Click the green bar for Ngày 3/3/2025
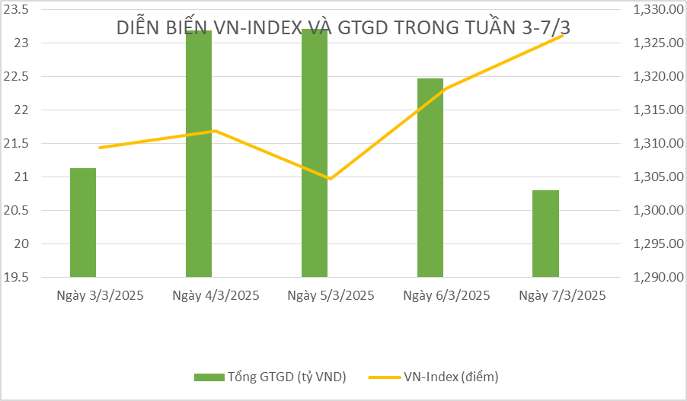[x=83, y=222]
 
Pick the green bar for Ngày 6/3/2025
[x=430, y=177]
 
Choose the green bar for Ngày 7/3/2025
[x=545, y=234]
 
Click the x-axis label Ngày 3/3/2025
[x=100, y=295]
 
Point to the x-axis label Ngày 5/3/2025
[x=331, y=295]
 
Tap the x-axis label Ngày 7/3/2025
[x=562, y=295]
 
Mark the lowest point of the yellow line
[x=330, y=179]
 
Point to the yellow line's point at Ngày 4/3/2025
[x=215, y=130]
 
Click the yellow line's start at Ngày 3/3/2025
[x=100, y=148]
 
